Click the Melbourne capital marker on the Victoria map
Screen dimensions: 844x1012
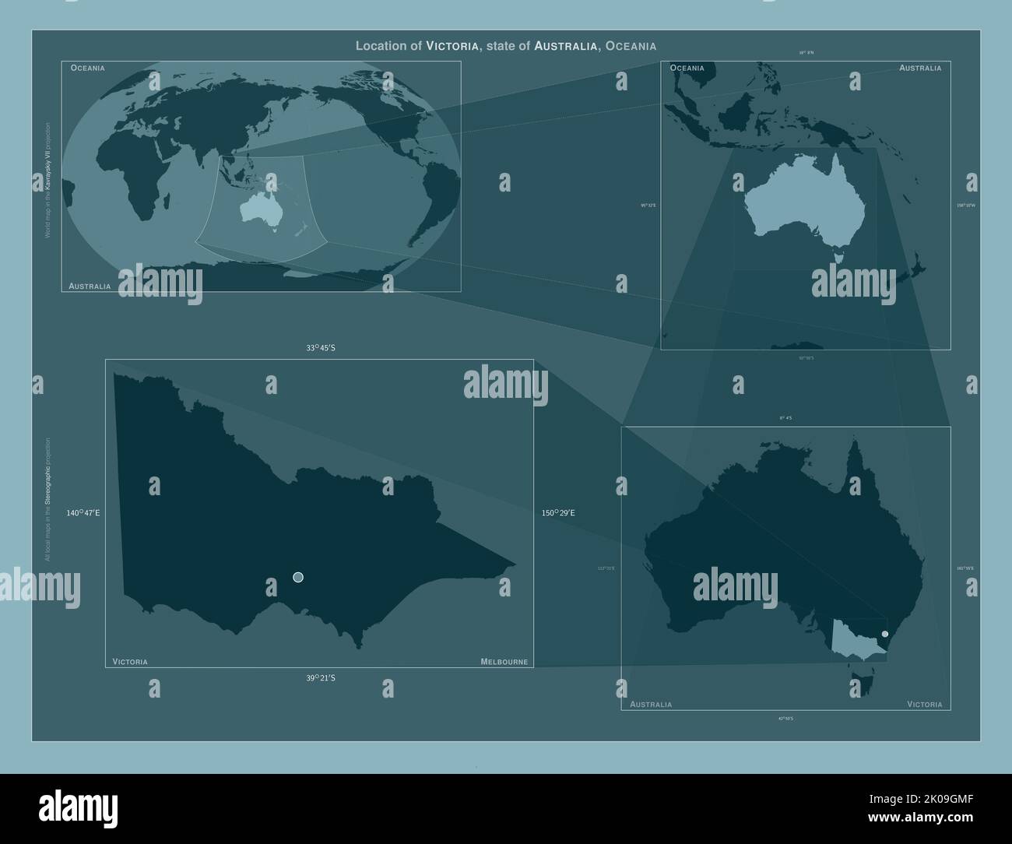tap(298, 577)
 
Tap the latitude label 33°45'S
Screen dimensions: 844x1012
tap(320, 348)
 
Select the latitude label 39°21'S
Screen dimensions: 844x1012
tap(320, 678)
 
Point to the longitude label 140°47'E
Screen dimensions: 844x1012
tap(83, 513)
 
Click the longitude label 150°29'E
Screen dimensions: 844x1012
tap(558, 513)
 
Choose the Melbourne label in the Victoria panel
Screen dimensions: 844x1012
tap(504, 662)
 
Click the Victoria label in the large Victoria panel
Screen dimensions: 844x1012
tap(130, 662)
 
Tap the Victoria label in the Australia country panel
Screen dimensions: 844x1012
tap(924, 705)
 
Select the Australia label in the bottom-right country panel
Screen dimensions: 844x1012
tap(651, 705)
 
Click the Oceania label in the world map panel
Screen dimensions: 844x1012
tap(87, 68)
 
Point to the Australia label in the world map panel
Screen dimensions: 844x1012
tap(90, 287)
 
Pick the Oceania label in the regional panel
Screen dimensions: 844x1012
tap(687, 68)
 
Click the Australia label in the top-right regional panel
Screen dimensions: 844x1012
tap(920, 68)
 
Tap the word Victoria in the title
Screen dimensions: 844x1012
tap(452, 46)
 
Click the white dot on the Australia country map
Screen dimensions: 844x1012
tap(885, 634)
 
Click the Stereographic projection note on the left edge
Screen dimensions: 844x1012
tap(47, 498)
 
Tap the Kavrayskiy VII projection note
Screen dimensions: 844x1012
tap(47, 179)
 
